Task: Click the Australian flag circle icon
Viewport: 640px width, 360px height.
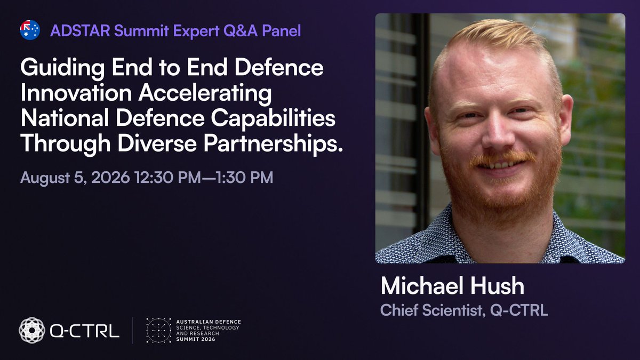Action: (30, 30)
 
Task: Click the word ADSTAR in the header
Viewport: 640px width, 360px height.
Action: (81, 31)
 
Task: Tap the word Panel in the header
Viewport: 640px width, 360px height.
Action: (281, 31)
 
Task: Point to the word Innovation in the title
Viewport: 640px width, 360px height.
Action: (76, 93)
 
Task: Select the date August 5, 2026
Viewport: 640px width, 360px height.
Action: (75, 178)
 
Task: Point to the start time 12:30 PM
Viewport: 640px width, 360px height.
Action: (167, 178)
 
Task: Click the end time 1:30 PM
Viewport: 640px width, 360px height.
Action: (244, 178)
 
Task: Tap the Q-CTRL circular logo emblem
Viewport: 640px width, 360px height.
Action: (32, 330)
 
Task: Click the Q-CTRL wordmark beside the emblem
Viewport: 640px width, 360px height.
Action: (85, 331)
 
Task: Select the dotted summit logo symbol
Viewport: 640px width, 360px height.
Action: (158, 330)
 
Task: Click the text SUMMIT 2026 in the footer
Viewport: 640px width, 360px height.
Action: (195, 339)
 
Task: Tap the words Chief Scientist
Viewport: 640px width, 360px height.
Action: (431, 310)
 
